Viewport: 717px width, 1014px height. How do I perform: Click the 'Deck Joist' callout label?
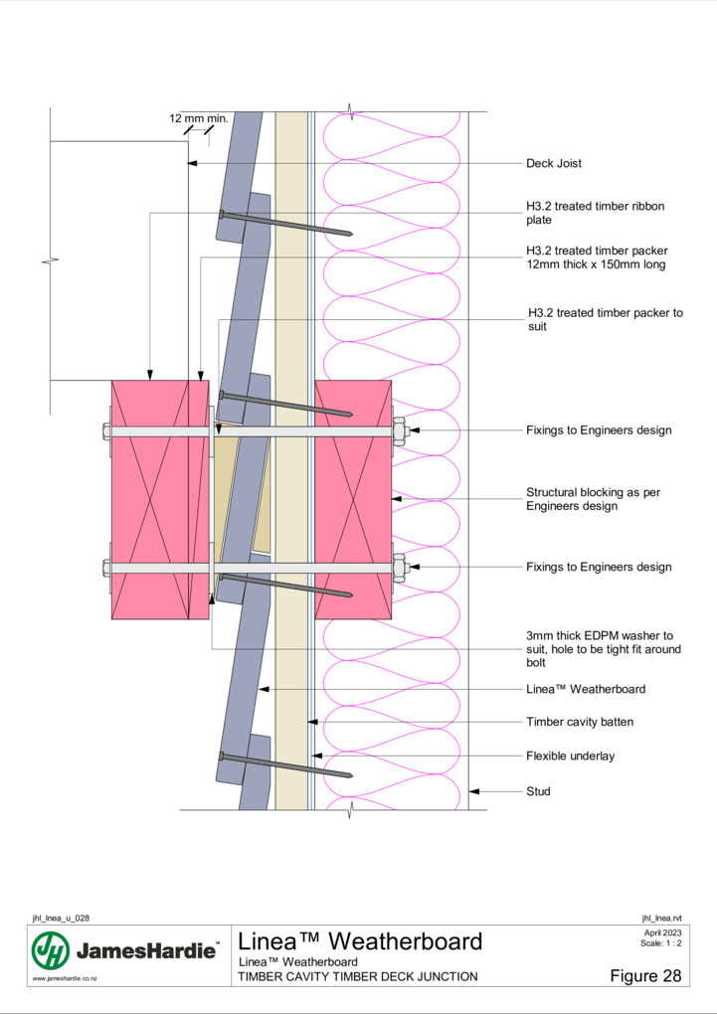click(x=553, y=164)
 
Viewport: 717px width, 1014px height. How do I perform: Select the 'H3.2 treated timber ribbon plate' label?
click(x=595, y=213)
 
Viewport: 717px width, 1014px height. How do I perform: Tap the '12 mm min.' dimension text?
click(x=199, y=118)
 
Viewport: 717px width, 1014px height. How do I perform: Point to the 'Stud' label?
click(x=538, y=791)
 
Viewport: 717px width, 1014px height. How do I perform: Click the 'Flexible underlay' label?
click(x=570, y=756)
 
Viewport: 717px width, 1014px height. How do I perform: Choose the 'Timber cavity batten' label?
click(x=579, y=722)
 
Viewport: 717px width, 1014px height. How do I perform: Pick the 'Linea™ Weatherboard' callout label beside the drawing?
click(x=586, y=689)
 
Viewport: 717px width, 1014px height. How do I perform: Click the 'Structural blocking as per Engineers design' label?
click(x=593, y=499)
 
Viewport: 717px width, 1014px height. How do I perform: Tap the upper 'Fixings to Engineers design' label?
click(x=599, y=430)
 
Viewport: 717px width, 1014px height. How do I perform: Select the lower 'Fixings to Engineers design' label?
click(x=599, y=567)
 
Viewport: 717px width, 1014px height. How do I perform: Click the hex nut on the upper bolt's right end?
click(x=399, y=430)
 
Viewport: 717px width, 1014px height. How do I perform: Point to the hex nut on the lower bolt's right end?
click(x=399, y=567)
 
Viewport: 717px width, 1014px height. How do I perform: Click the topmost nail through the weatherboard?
click(x=285, y=223)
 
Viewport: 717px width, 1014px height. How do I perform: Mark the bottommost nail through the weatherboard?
click(x=285, y=765)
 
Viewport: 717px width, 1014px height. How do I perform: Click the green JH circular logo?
click(x=51, y=950)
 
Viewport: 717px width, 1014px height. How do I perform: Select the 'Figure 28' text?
click(x=645, y=975)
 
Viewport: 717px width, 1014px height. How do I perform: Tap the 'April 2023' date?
click(x=662, y=933)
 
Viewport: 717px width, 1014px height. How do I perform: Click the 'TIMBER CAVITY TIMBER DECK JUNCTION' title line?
click(x=358, y=976)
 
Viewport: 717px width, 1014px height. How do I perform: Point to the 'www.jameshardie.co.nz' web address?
click(x=65, y=979)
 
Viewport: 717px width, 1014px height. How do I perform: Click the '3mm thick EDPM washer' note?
click(x=603, y=649)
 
